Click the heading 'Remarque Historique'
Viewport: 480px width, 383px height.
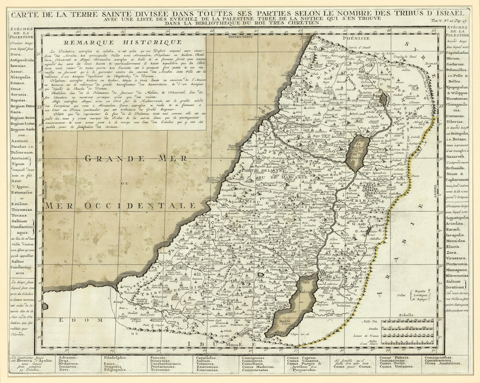pos(122,42)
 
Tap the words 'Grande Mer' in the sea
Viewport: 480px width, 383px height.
pos(136,158)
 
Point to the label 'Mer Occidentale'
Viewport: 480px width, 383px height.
pos(120,205)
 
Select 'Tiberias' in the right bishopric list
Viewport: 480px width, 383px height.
pos(456,109)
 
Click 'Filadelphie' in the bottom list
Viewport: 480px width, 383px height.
pos(115,357)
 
